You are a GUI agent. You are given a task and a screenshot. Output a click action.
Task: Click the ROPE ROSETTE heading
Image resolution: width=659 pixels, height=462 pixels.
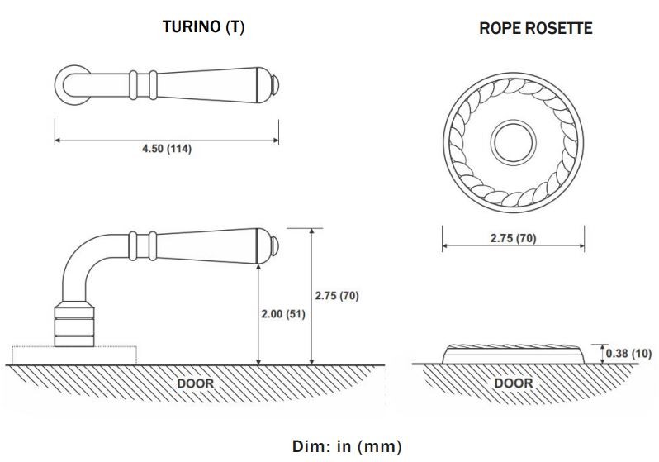pos(535,29)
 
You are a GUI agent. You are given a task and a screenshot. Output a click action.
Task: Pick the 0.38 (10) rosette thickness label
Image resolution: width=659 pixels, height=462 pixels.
pos(628,354)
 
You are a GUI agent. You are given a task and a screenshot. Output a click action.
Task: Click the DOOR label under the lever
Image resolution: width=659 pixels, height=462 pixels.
pos(195,383)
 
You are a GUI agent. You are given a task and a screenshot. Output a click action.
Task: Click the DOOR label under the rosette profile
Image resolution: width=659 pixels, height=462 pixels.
pos(513,383)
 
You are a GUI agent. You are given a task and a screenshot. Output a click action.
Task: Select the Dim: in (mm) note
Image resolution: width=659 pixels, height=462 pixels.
pos(347,447)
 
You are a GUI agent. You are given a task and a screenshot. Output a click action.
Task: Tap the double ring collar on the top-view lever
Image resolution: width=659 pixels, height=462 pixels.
pos(143,83)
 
